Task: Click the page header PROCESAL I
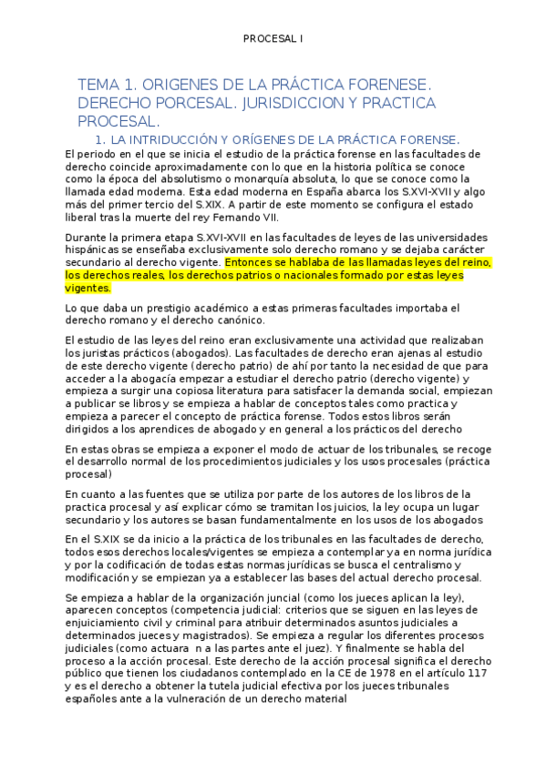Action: click(x=273, y=38)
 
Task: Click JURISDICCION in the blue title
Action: click(x=290, y=103)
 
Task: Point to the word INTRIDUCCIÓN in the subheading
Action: click(x=170, y=140)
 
